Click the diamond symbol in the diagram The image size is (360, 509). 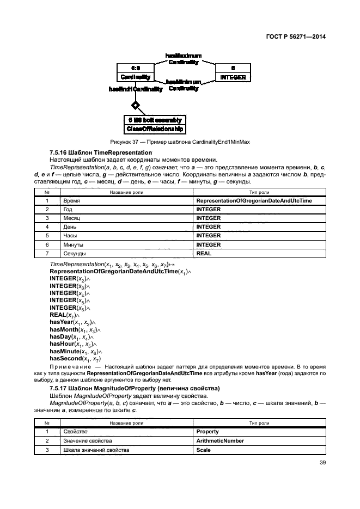click(136, 105)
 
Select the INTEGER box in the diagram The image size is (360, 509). click(233, 77)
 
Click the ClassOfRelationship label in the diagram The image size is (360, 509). click(156, 129)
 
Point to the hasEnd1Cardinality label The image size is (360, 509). click(136, 89)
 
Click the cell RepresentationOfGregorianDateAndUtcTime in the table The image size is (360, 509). click(254, 200)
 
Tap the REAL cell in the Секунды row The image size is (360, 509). click(204, 254)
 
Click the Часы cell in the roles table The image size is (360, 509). click(70, 236)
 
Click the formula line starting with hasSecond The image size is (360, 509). click(75, 358)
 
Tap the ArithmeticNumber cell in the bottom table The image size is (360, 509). click(220, 440)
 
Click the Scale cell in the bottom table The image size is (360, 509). click(204, 450)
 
